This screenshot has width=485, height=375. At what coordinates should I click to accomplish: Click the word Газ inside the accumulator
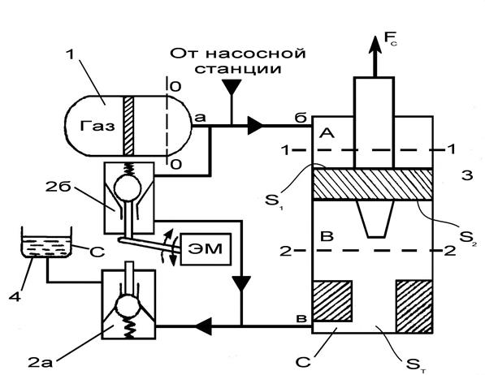97,126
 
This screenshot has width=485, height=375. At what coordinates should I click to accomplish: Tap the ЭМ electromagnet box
206,249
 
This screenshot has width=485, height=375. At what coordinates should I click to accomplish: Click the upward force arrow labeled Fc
375,56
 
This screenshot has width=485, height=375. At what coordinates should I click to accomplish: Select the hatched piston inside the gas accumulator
128,126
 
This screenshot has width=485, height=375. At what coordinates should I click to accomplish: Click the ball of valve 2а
128,306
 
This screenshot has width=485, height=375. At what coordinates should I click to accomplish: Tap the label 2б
58,187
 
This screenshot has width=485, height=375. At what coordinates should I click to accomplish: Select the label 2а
40,362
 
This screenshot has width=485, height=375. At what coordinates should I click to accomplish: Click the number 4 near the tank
15,297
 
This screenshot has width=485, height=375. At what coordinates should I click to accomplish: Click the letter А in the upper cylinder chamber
327,134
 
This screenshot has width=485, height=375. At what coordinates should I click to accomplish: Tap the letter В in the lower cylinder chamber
327,236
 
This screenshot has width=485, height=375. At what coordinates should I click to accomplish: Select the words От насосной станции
238,61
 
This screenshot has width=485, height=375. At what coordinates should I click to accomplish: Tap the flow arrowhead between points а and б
255,126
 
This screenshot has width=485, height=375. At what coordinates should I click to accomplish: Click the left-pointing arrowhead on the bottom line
203,326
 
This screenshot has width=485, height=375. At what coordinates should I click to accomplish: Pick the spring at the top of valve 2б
128,170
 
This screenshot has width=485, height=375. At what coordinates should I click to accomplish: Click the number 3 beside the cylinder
467,175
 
